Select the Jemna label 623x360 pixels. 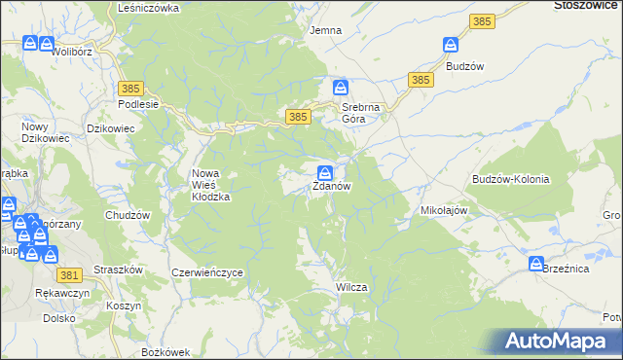coord(325,30)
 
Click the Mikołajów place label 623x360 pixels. coord(445,210)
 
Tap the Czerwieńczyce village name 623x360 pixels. coord(206,273)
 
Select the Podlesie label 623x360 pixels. coord(137,105)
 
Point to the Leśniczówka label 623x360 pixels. coord(148,8)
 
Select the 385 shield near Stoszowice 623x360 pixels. coord(481,20)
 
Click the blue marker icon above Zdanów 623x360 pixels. coord(326,171)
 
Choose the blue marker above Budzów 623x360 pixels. coord(450,45)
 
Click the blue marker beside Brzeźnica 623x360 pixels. coord(536,264)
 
